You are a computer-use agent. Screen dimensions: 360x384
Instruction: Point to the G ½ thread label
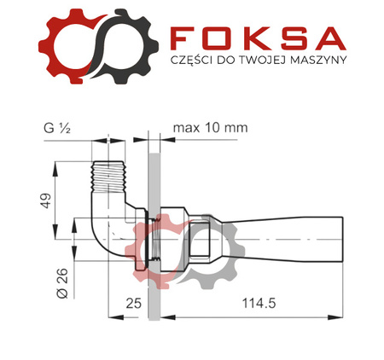click(58, 128)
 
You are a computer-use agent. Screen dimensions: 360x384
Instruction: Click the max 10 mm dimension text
click(209, 128)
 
